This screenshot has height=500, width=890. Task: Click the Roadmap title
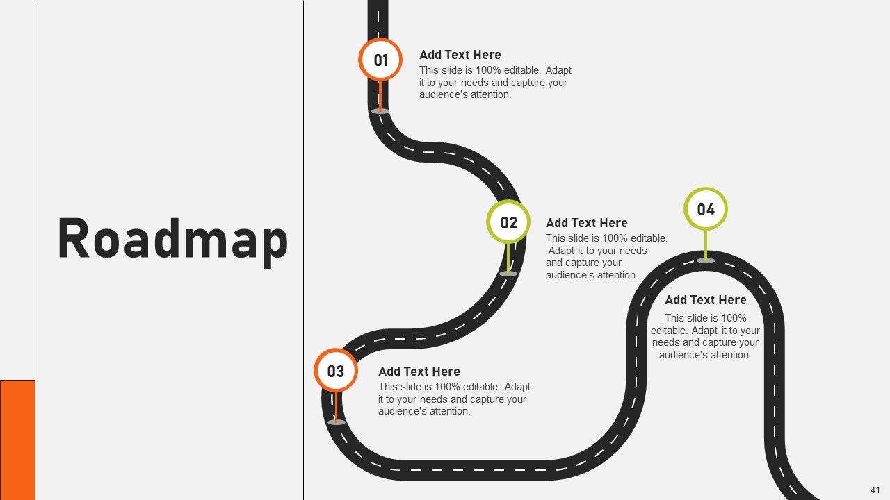(x=172, y=239)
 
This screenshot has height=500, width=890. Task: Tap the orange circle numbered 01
(x=380, y=60)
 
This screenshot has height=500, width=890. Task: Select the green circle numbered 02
(x=508, y=222)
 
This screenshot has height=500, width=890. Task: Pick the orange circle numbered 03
(x=336, y=371)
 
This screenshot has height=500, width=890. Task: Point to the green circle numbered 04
(x=706, y=209)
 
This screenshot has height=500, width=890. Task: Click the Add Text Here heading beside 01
(x=460, y=55)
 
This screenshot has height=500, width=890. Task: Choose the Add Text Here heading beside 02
(x=586, y=223)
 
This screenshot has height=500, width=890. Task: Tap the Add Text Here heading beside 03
(x=419, y=372)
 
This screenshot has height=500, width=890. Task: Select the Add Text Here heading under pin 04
(x=705, y=300)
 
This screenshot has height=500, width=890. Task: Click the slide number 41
(x=875, y=490)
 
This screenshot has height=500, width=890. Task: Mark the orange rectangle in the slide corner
(x=17, y=439)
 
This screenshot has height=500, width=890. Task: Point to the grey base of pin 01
(x=380, y=111)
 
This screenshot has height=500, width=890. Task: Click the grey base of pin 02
(x=508, y=274)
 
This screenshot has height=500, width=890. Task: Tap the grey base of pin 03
(x=336, y=422)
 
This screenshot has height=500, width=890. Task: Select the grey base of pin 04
(x=706, y=260)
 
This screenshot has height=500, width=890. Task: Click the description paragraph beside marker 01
(x=495, y=83)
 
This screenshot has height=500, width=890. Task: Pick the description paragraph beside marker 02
(x=606, y=257)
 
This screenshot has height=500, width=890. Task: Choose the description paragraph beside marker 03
(x=454, y=399)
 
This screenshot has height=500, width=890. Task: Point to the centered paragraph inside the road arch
(x=705, y=337)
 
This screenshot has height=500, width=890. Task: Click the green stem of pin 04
(x=706, y=243)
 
